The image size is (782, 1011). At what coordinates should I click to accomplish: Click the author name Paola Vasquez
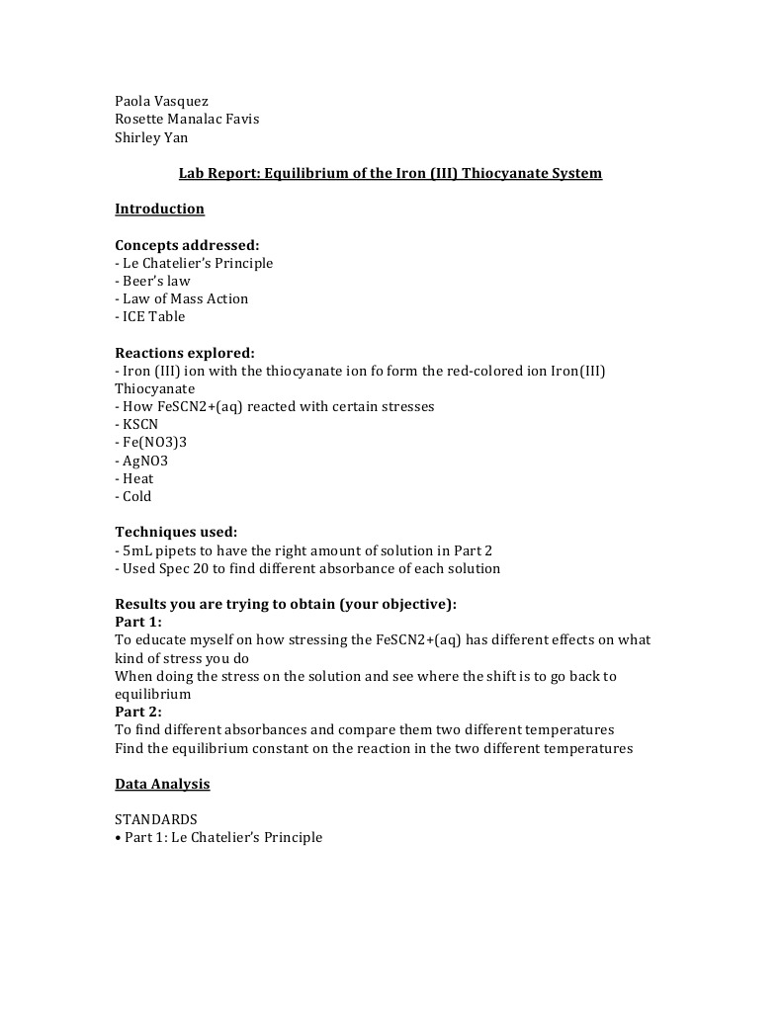161,101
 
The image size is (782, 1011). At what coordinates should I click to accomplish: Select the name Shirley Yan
151,137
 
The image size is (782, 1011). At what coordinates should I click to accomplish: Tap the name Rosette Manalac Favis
187,120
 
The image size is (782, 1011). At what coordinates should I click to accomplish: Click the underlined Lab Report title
390,173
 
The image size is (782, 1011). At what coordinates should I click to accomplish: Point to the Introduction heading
159,209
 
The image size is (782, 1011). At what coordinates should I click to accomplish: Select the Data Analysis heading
162,784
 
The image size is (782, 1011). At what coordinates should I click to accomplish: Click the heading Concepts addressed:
187,245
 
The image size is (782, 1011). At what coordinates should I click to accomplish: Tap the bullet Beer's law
155,281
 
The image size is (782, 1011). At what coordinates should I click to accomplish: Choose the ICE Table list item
153,316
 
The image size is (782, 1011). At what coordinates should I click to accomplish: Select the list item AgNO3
144,461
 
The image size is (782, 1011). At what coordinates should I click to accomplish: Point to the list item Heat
137,478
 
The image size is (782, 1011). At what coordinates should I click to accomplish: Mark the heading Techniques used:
176,532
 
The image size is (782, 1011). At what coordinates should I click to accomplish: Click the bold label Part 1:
138,622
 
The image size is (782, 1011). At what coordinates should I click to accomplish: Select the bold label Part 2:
138,712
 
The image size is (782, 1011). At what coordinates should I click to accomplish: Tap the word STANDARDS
156,819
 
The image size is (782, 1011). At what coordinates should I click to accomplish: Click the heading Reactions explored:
185,353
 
